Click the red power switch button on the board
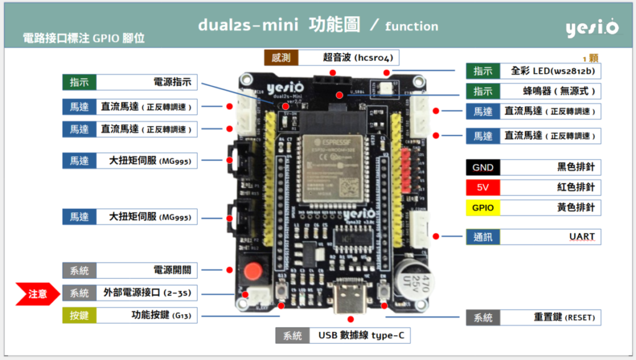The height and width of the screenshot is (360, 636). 252,272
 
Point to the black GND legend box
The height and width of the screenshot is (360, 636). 483,168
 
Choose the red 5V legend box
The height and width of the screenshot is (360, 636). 483,187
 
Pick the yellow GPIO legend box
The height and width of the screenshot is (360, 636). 483,207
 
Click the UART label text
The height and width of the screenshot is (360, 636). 581,236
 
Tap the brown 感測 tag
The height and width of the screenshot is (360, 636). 281,58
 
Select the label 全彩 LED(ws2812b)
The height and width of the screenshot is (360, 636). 552,71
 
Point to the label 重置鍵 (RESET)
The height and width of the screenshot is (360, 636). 564,317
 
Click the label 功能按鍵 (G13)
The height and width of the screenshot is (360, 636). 161,315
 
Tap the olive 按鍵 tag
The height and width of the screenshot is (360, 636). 79,315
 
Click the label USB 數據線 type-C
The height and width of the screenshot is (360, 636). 361,336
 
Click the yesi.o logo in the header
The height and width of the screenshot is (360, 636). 591,28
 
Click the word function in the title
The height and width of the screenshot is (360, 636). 411,26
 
